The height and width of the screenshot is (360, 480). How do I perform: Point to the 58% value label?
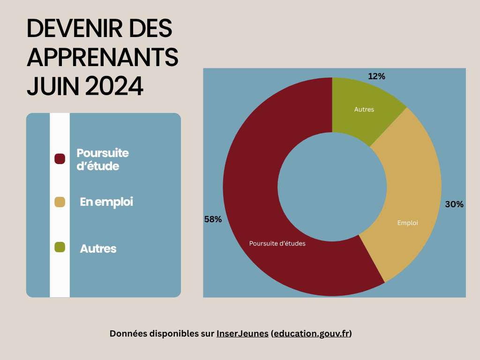coord(213,219)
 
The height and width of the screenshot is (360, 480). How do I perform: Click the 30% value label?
coord(454,204)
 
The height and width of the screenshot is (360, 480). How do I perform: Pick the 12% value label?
coord(376,76)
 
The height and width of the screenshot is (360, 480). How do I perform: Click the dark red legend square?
coord(60,159)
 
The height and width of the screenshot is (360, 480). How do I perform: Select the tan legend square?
coord(60,202)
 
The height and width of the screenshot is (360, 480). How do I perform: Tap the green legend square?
coord(60,247)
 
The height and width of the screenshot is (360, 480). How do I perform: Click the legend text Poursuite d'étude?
coord(102,159)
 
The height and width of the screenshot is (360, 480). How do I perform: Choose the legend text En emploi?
coord(106,202)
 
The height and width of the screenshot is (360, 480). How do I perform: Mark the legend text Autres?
coord(98,248)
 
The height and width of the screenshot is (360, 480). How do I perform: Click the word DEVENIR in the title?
coord(73,29)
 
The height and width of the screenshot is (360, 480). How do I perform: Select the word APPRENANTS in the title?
coord(103,58)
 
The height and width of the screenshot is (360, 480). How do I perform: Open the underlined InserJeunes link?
coord(242,334)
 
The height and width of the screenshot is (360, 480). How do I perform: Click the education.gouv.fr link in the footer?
coord(311,334)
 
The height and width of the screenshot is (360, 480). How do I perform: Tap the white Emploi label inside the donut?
coord(407,223)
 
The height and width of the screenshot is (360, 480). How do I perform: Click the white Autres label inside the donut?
coord(364,109)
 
